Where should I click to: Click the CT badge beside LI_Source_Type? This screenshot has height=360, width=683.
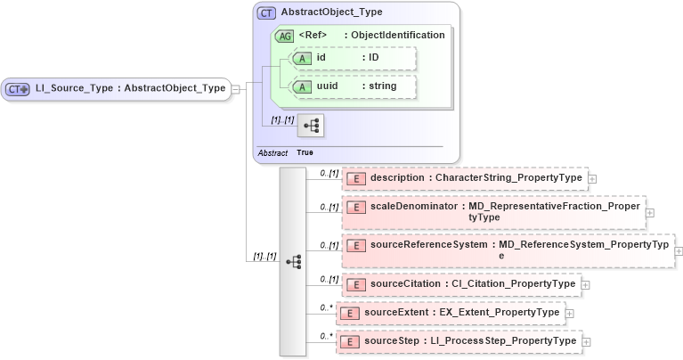pyautogui.click(x=18, y=89)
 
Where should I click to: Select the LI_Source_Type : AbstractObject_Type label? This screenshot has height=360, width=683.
pyautogui.click(x=130, y=88)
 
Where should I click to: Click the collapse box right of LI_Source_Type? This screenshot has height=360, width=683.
pyautogui.click(x=236, y=89)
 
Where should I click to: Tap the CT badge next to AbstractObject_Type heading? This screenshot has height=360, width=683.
pyautogui.click(x=266, y=13)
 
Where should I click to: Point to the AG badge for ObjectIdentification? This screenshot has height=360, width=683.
pyautogui.click(x=285, y=36)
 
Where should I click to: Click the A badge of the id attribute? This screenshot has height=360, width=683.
pyautogui.click(x=302, y=58)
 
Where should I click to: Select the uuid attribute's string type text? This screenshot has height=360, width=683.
pyautogui.click(x=390, y=86)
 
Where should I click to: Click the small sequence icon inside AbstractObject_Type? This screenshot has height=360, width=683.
pyautogui.click(x=312, y=126)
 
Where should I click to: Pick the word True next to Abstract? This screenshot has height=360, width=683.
pyautogui.click(x=305, y=153)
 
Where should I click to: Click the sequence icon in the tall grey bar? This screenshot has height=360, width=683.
pyautogui.click(x=293, y=262)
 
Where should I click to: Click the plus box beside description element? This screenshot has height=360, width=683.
pyautogui.click(x=592, y=179)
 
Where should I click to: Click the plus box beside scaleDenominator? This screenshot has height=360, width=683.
pyautogui.click(x=649, y=213)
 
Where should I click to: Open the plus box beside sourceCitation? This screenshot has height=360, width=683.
pyautogui.click(x=585, y=285)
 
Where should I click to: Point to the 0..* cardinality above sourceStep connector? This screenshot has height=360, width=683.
pyautogui.click(x=326, y=336)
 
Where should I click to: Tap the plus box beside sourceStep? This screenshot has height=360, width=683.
pyautogui.click(x=586, y=342)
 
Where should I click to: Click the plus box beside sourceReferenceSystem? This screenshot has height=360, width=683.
pyautogui.click(x=679, y=251)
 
